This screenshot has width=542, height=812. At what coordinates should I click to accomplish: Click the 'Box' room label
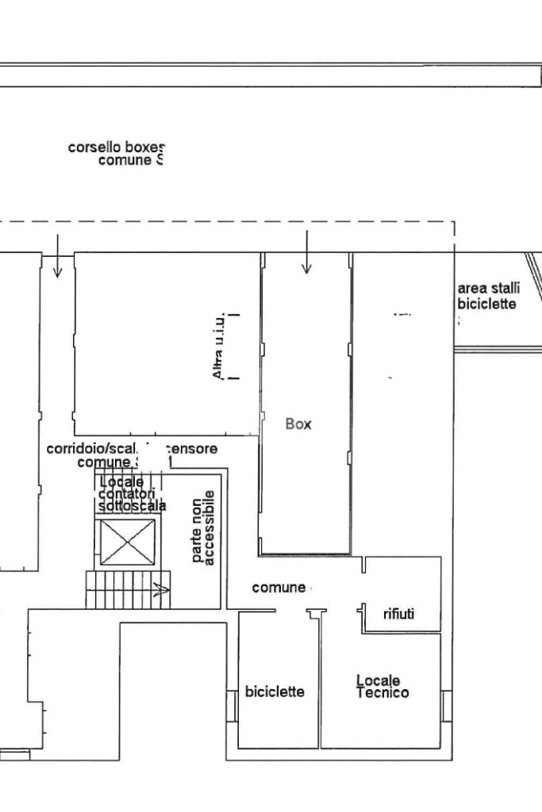point(298,424)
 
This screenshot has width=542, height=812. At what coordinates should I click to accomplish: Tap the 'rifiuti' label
point(398,613)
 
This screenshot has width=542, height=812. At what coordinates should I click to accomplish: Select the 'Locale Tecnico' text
point(382,687)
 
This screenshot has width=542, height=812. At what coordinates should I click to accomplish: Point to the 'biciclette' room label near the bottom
point(275,692)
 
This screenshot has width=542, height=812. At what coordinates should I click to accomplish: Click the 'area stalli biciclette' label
point(487,296)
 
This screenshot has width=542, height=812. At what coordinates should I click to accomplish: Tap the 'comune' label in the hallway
point(279,588)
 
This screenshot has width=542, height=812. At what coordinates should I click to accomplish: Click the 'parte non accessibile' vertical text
point(203,527)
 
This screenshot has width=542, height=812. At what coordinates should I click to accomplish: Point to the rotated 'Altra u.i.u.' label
point(221,346)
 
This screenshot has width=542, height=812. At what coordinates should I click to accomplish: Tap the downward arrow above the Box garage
point(307,253)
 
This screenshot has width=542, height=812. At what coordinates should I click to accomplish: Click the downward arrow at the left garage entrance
point(57,257)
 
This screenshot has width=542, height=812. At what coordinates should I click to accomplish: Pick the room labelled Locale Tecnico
point(381,714)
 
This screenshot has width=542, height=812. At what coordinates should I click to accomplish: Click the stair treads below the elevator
point(119,589)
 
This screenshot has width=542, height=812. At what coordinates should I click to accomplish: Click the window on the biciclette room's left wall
point(233,705)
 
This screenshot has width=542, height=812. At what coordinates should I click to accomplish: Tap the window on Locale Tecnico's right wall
point(447,705)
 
